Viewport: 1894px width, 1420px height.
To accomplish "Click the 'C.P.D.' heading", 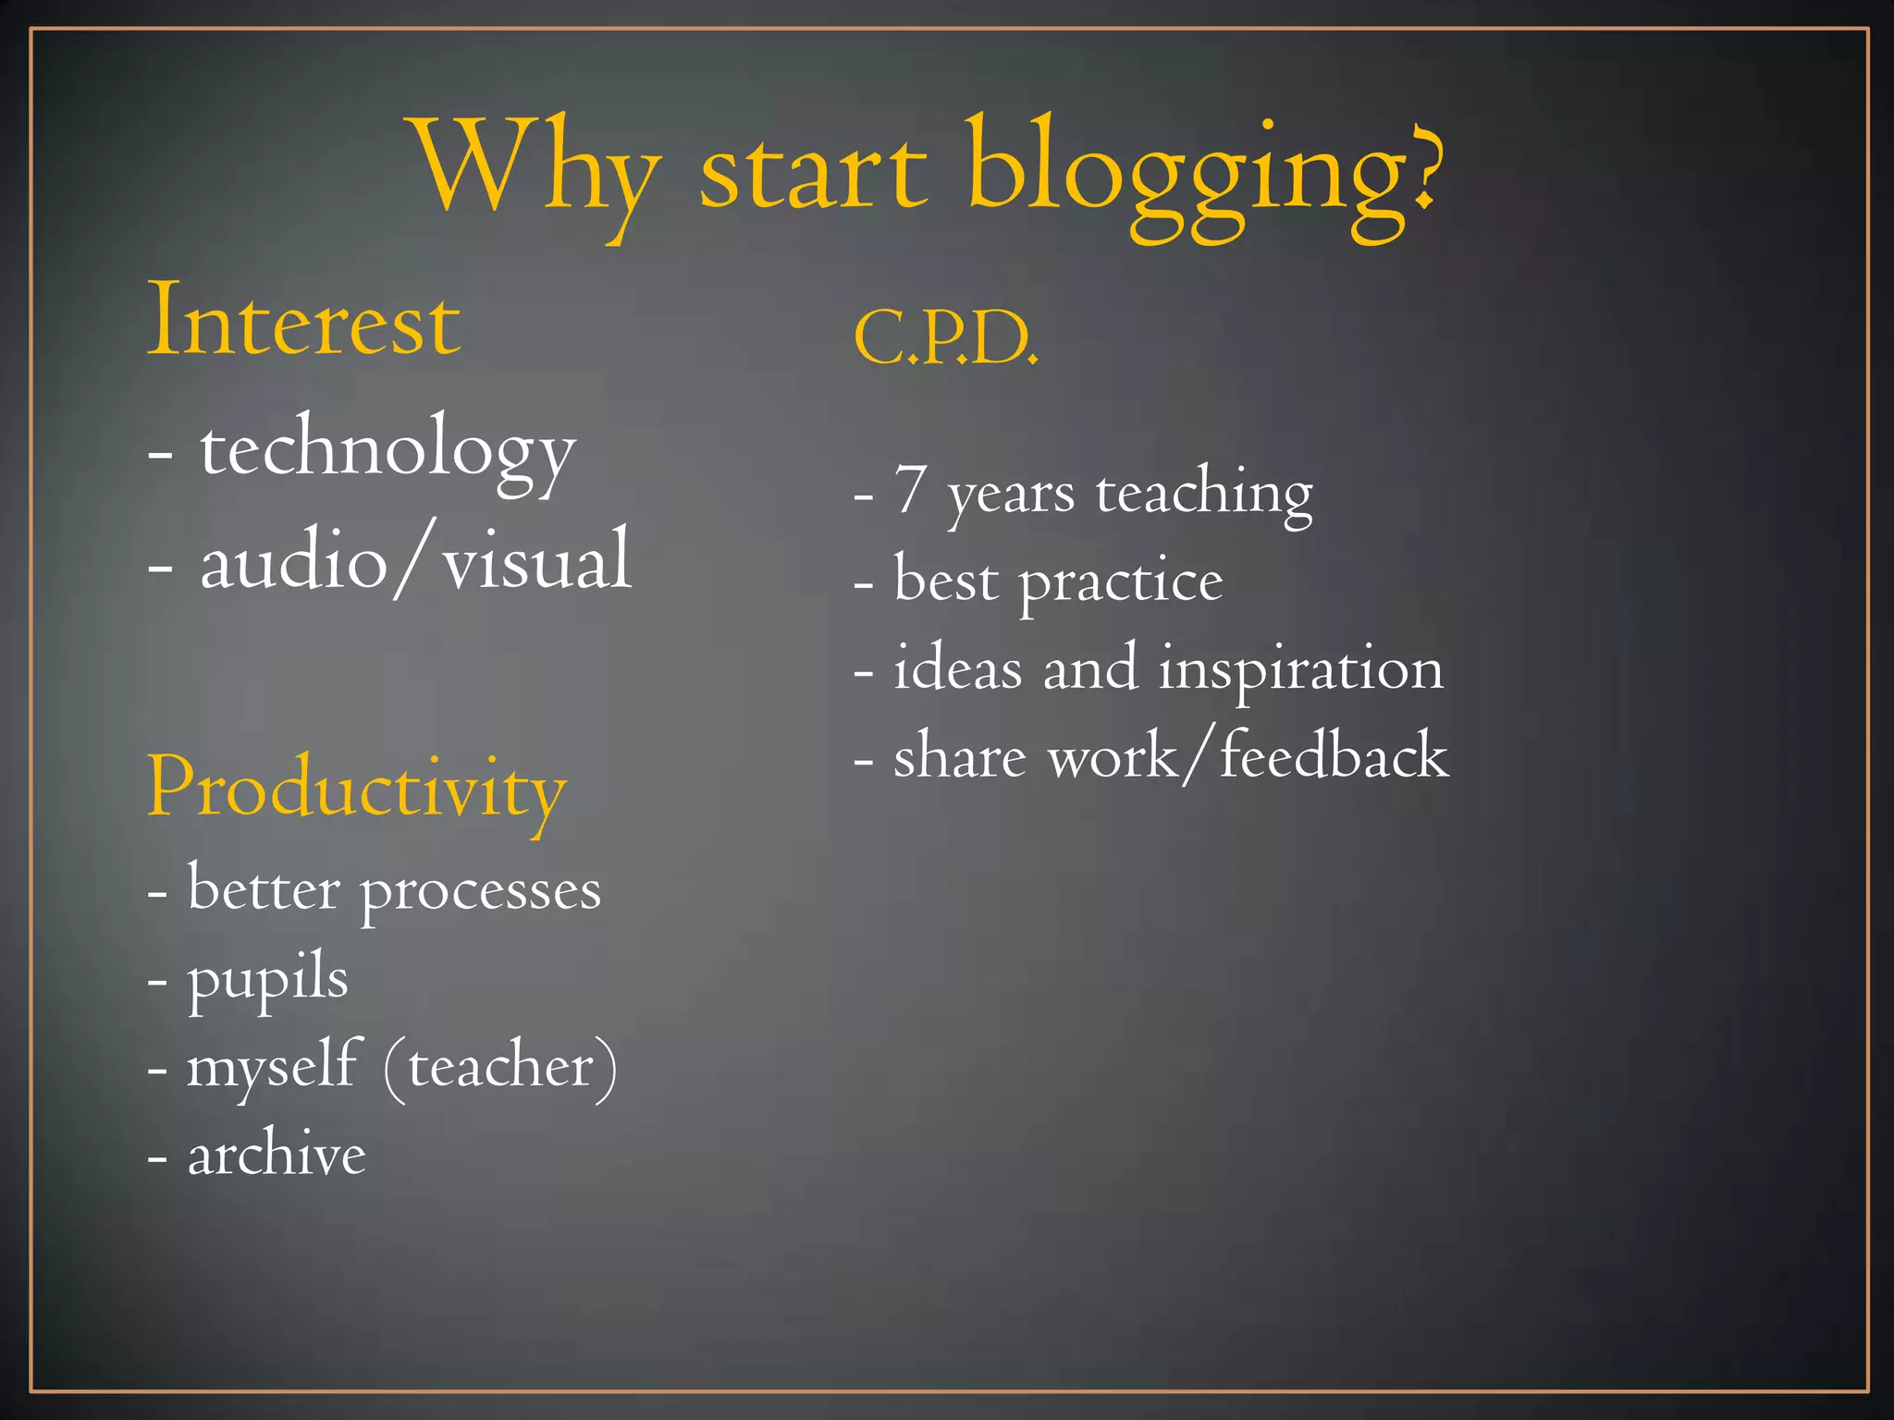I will (x=945, y=337).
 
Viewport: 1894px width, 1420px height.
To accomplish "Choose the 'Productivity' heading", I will (x=356, y=789).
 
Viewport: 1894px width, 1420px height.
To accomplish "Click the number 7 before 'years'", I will (x=910, y=489).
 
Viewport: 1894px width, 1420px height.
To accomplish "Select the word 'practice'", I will (x=1121, y=581).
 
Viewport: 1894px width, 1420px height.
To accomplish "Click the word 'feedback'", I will (x=1334, y=755).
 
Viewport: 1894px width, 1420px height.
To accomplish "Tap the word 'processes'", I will (x=481, y=891).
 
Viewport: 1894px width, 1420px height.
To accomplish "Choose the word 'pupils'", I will (x=268, y=978).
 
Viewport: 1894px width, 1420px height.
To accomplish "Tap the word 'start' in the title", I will (x=813, y=171).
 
